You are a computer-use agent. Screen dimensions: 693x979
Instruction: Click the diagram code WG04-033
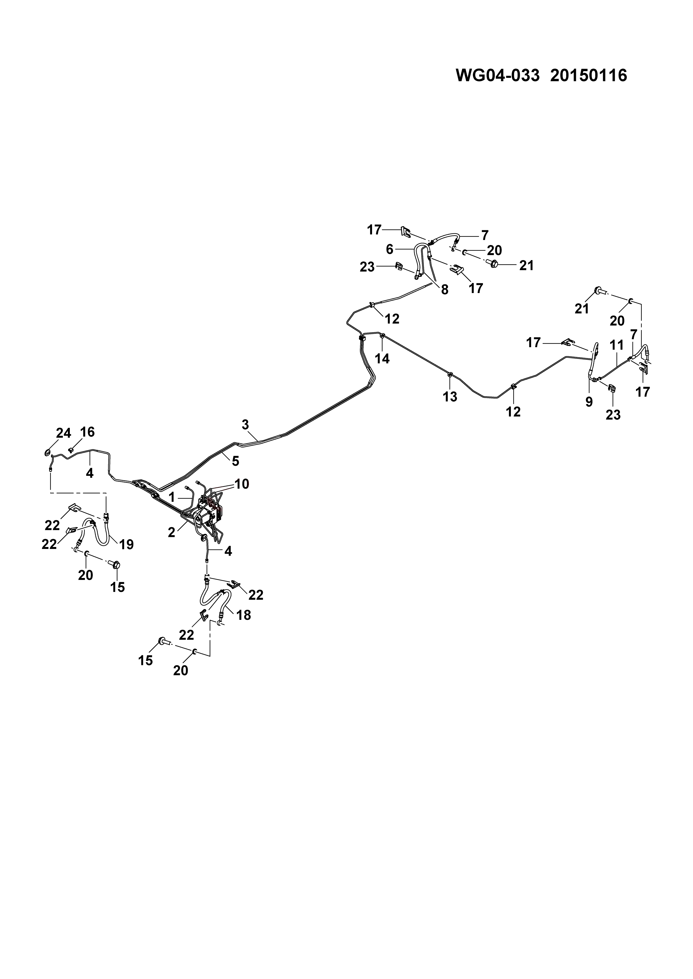497,75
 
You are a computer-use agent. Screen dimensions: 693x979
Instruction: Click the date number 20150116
589,75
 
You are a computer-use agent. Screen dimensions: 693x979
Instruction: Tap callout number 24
64,433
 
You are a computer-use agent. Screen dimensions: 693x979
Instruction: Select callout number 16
87,432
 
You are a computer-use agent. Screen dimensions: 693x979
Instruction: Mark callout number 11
617,345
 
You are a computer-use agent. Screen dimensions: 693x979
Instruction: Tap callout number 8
445,290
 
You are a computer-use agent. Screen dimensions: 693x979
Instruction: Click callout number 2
172,532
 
